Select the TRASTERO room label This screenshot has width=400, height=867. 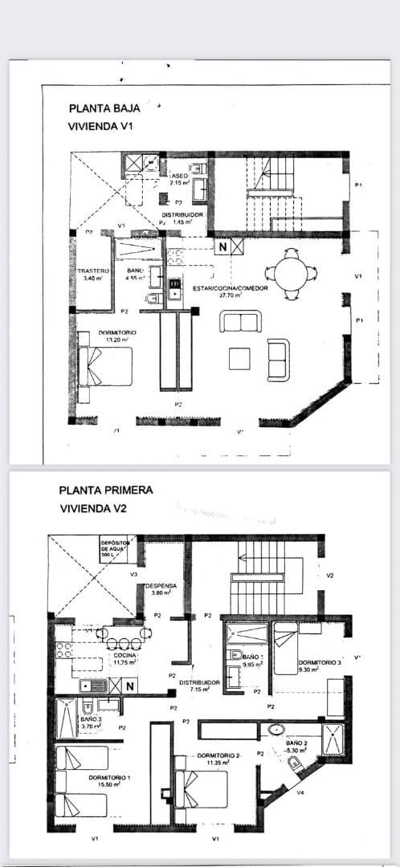[x=93, y=271]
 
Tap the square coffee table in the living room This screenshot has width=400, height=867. [x=239, y=358]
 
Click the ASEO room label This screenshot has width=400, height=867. [x=179, y=174]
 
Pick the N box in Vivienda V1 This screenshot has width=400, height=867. [x=222, y=245]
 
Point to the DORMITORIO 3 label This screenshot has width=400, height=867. [x=319, y=662]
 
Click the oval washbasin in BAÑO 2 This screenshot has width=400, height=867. [x=277, y=731]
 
